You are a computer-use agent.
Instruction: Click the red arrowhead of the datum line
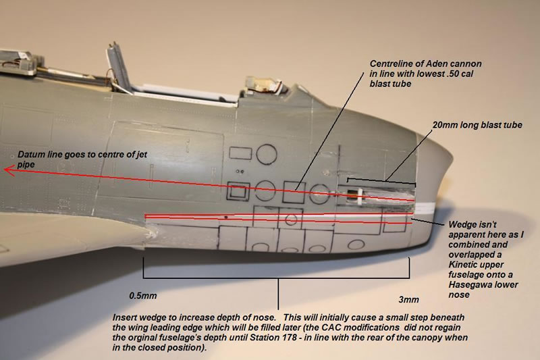coord(9,170)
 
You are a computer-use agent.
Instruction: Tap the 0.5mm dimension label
coord(143,296)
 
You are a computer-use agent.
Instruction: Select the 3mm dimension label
coord(409,300)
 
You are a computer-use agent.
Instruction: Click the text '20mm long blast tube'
coord(477,125)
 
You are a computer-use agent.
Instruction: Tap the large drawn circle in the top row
coord(267,154)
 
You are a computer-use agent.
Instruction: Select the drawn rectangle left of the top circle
coord(240,153)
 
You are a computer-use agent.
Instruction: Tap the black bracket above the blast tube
coord(381,181)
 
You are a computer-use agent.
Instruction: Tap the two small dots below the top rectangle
coord(240,171)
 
